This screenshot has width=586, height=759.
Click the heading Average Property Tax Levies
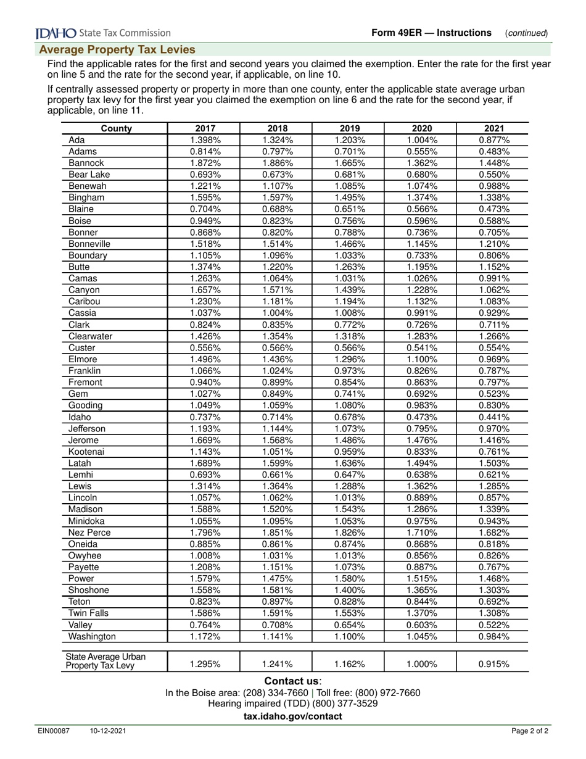coord(118,49)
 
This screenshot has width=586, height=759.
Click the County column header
coord(115,128)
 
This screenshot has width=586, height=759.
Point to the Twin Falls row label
coord(88,613)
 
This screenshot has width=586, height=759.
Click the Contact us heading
coord(293,681)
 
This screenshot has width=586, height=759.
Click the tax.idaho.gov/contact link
coord(293,716)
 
